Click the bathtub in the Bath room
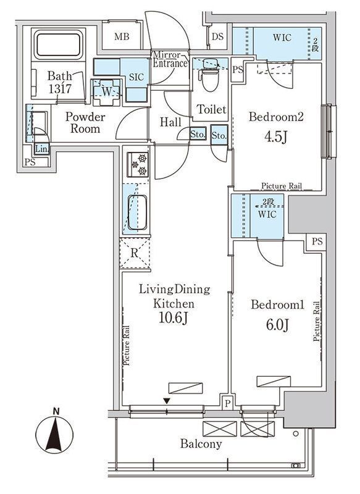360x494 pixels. (x=58, y=44)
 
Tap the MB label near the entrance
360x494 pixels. (x=122, y=37)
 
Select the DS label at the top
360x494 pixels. (x=217, y=36)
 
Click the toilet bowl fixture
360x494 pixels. (x=208, y=76)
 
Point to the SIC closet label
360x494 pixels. (x=136, y=77)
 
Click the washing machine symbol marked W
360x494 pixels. (x=106, y=92)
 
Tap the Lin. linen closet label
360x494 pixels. (x=41, y=149)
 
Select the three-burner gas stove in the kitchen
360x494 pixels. (x=138, y=164)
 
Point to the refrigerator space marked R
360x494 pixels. (x=135, y=253)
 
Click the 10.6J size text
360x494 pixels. (x=174, y=318)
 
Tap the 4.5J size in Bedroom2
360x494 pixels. (x=275, y=136)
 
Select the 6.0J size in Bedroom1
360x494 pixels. (x=277, y=325)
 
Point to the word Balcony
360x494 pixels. (x=201, y=444)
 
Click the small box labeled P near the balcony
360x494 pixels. (x=227, y=403)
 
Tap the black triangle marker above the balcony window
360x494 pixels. (x=167, y=401)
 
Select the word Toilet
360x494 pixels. (x=212, y=109)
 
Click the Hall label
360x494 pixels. (x=170, y=122)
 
